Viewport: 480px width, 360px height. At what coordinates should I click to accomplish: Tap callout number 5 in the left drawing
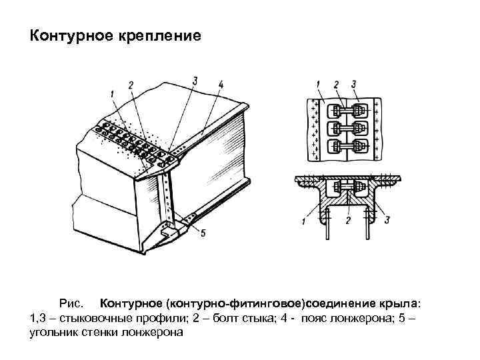(x=203, y=234)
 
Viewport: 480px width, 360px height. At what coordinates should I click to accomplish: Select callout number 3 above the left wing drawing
(x=194, y=81)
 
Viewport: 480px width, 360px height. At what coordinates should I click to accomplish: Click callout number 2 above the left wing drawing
(x=131, y=84)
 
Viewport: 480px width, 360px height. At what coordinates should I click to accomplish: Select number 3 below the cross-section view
(x=387, y=219)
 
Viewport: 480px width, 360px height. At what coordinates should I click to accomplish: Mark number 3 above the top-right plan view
(x=353, y=84)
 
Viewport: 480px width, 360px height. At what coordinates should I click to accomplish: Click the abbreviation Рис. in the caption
(x=71, y=304)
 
